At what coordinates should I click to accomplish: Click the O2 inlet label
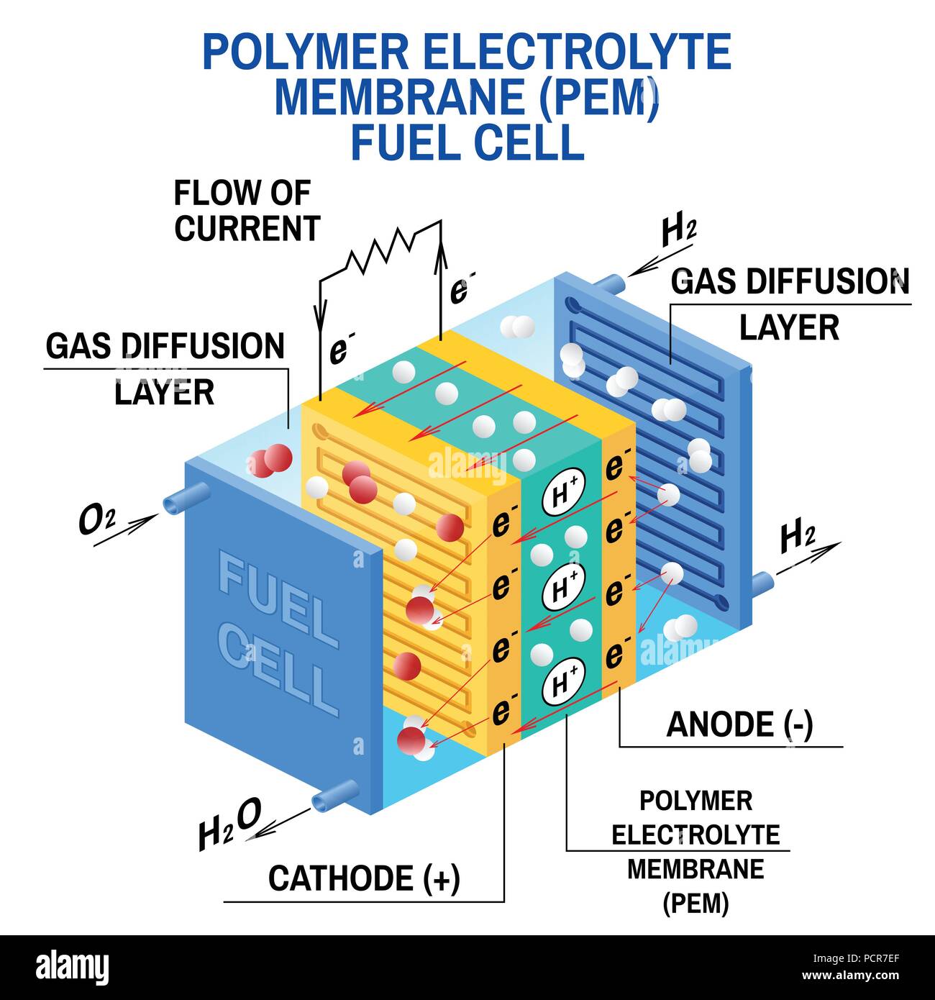click(96, 521)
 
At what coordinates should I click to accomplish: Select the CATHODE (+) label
click(364, 878)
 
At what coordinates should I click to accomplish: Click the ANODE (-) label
click(739, 724)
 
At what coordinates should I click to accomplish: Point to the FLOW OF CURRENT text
click(246, 211)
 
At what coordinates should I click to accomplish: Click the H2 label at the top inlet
click(678, 230)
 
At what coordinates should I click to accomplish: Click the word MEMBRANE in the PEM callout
click(695, 869)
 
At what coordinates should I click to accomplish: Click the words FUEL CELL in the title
click(467, 142)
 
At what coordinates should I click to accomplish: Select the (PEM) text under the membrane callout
click(695, 903)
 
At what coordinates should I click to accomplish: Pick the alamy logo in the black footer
click(72, 967)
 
